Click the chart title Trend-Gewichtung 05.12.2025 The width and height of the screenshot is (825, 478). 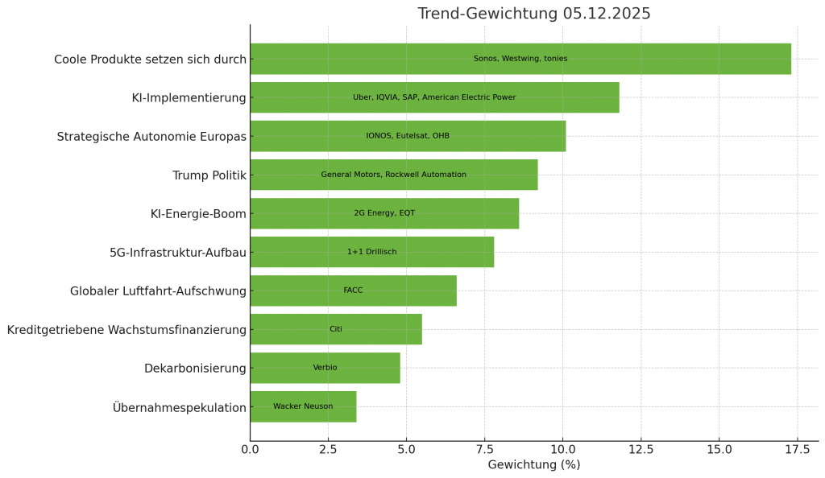(x=533, y=14)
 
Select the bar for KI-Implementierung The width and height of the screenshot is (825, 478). (x=434, y=97)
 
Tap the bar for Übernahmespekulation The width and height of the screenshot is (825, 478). (x=303, y=406)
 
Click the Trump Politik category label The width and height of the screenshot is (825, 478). (x=209, y=175)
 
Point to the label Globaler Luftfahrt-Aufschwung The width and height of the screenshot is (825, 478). (x=158, y=291)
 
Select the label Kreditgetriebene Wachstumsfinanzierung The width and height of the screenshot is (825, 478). (x=126, y=330)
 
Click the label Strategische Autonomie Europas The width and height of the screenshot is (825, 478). (x=151, y=137)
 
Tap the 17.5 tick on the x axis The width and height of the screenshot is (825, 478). (x=797, y=449)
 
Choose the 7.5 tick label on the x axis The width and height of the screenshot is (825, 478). (x=484, y=449)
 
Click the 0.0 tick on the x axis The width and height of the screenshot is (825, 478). (x=250, y=449)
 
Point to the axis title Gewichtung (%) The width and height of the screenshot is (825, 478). (x=533, y=464)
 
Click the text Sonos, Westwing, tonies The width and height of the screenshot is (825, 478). (x=520, y=59)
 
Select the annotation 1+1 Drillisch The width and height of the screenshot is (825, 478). (x=371, y=252)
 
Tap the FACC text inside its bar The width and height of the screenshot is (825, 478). (x=353, y=291)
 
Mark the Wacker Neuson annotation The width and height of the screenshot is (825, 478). (x=303, y=406)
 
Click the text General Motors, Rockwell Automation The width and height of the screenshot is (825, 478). (x=393, y=175)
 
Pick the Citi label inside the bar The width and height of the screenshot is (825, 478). (x=336, y=329)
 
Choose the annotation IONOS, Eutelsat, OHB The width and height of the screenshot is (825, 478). (x=408, y=136)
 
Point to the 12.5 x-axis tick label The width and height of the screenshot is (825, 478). (x=641, y=449)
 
